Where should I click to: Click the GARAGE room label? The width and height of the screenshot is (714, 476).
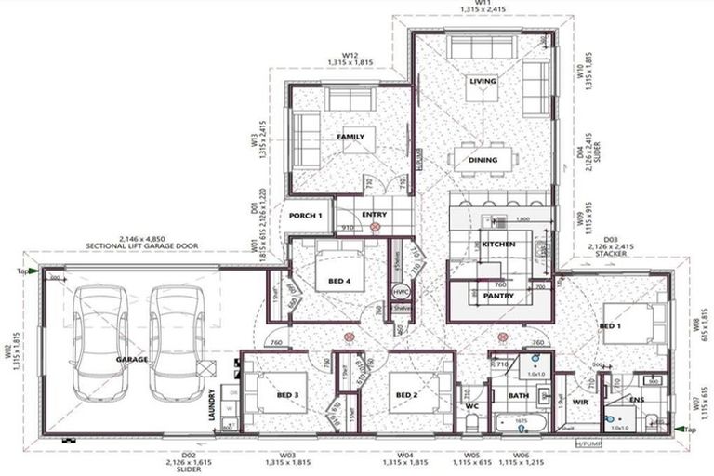[132, 358]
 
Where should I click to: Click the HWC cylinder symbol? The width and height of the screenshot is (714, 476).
[402, 290]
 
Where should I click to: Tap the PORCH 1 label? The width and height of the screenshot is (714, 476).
[305, 216]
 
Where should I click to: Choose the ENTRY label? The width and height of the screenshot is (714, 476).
[374, 215]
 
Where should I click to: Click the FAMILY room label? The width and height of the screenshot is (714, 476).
[350, 137]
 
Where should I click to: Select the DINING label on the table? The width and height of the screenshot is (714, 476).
[483, 160]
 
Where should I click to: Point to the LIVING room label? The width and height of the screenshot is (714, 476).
[483, 82]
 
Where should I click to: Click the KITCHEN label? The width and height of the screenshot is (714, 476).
[498, 243]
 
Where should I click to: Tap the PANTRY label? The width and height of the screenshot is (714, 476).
[499, 296]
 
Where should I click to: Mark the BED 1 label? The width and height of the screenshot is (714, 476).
[611, 326]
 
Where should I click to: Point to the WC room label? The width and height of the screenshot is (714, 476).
[470, 405]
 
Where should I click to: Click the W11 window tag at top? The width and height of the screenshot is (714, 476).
[483, 4]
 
